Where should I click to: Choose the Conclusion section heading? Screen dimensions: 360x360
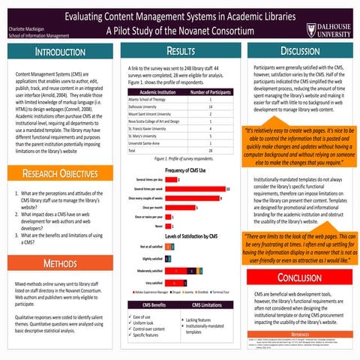[299, 277]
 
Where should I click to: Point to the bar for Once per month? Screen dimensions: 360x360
[181, 207]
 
